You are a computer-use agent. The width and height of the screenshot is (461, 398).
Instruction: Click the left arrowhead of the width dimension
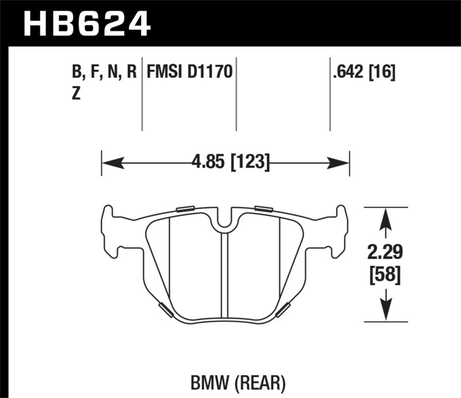(x=109, y=163)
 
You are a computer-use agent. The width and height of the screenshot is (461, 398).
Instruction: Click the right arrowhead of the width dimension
(x=342, y=163)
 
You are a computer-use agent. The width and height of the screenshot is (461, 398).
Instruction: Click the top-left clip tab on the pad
(x=186, y=209)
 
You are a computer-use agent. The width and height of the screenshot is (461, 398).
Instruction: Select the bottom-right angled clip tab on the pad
(x=283, y=310)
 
